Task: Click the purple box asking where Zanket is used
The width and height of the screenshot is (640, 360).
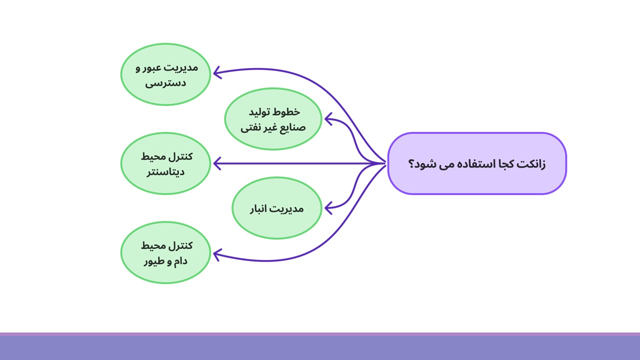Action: coord(477,163)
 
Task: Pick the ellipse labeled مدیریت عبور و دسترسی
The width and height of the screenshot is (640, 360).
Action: coord(165,74)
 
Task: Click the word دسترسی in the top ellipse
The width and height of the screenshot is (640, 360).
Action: coord(165,83)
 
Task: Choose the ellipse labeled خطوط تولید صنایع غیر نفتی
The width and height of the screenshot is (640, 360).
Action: coord(273,119)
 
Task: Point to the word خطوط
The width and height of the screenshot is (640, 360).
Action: coord(287,111)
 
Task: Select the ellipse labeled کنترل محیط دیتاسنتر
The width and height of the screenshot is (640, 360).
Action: coord(165,163)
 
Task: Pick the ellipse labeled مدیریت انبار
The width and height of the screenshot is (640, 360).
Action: coord(277,208)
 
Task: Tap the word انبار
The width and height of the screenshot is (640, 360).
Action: coord(259,209)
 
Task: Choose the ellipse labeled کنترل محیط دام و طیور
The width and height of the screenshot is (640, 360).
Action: coord(165,252)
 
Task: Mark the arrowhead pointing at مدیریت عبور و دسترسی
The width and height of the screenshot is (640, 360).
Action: coord(217,72)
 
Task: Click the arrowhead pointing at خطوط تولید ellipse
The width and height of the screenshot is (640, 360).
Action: coord(328,119)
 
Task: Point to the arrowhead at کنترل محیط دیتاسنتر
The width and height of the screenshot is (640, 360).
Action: coord(217,163)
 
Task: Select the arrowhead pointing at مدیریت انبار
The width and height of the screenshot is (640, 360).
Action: coord(328,207)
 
